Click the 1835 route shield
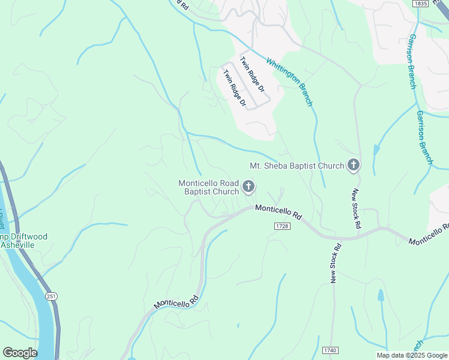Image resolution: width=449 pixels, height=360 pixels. pos(420,4)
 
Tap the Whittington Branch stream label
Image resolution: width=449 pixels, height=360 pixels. pos(289,82)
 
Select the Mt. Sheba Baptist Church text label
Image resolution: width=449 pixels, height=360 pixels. pos(297,166)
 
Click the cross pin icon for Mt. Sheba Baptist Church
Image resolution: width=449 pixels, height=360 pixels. pos(354,165)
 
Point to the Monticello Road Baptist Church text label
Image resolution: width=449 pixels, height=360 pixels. pos(208,187)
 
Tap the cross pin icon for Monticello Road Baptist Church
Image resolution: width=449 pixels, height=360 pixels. pos(248,187)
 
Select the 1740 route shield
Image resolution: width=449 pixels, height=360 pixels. pos(330,350)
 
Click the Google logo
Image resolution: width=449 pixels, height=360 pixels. pos(20,353)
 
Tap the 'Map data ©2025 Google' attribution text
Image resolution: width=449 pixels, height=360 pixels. pos(411,355)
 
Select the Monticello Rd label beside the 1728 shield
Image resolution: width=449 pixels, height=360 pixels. pos(278,212)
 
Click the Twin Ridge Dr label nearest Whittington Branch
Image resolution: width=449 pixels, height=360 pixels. pos(252,74)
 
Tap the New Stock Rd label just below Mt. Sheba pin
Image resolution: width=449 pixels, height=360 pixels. pos(356,208)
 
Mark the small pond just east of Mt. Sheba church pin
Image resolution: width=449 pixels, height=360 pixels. pos(376,150)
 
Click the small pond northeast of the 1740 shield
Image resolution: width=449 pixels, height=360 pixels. pos(381,295)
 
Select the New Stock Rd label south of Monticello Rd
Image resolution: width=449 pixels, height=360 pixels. pos(335,262)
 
